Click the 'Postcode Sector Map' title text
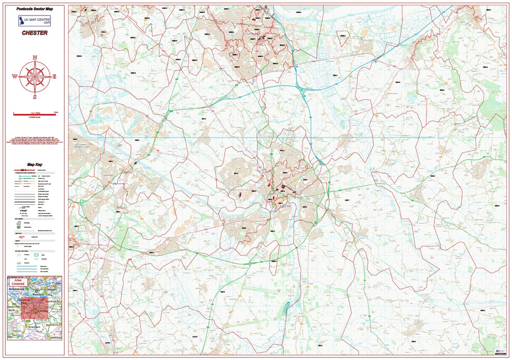click(x=35, y=9)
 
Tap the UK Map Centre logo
click(x=35, y=21)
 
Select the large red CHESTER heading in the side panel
click(x=35, y=33)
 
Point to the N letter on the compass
click(x=35, y=57)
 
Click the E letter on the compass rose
click(x=55, y=77)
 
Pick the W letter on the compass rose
click(x=14, y=77)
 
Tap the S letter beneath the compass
click(x=35, y=97)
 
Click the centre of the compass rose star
click(x=35, y=77)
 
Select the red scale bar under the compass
click(x=35, y=112)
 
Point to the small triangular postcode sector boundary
click(x=342, y=36)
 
